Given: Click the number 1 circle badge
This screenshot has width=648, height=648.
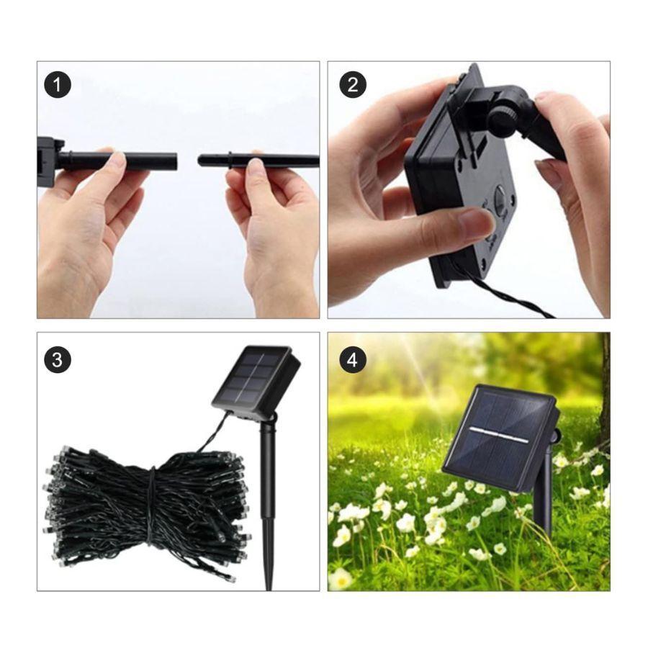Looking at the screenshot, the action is click(x=57, y=85).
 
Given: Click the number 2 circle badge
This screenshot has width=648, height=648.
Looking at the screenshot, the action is click(x=353, y=85).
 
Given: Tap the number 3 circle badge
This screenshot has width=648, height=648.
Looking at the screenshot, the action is click(x=57, y=359).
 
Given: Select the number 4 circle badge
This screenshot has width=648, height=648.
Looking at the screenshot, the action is click(x=353, y=359).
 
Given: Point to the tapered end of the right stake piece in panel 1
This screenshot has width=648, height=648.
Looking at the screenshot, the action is click(x=202, y=160).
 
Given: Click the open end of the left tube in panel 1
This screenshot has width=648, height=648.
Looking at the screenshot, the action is click(x=175, y=161).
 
